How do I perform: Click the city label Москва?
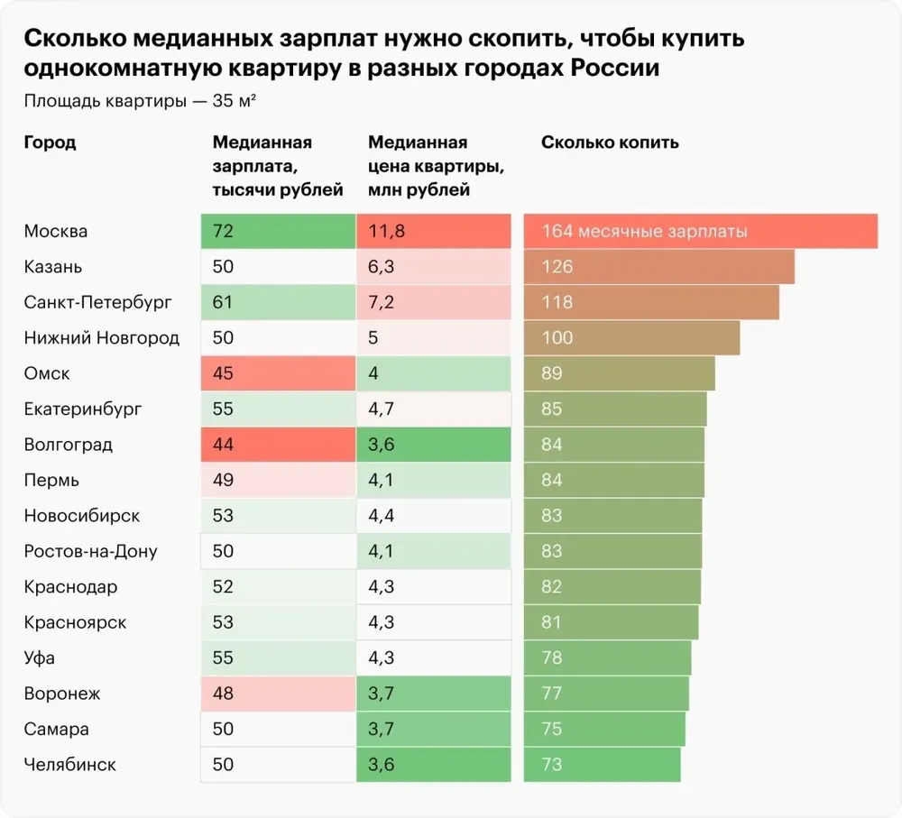56,231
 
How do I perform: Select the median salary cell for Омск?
278,373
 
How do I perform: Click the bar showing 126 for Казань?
658,267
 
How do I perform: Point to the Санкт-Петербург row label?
97,303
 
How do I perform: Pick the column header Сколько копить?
610,142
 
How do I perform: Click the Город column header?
50,142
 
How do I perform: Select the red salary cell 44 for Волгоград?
278,444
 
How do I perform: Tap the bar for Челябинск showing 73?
602,765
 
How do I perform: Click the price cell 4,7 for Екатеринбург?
434,409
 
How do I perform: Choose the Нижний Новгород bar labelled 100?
631,337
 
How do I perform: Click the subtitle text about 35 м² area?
140,101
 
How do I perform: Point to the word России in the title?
615,68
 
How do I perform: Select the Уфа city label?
40,657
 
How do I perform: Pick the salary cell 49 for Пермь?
278,480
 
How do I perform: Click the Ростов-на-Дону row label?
91,551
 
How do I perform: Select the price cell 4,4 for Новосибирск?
434,515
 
